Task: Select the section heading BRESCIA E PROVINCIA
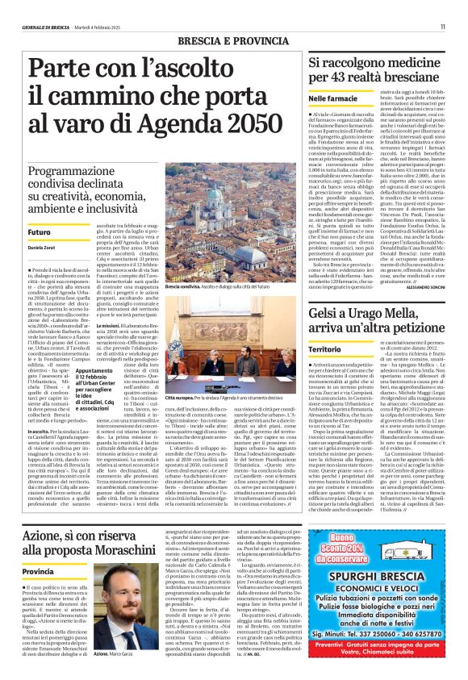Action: click(x=233, y=40)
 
